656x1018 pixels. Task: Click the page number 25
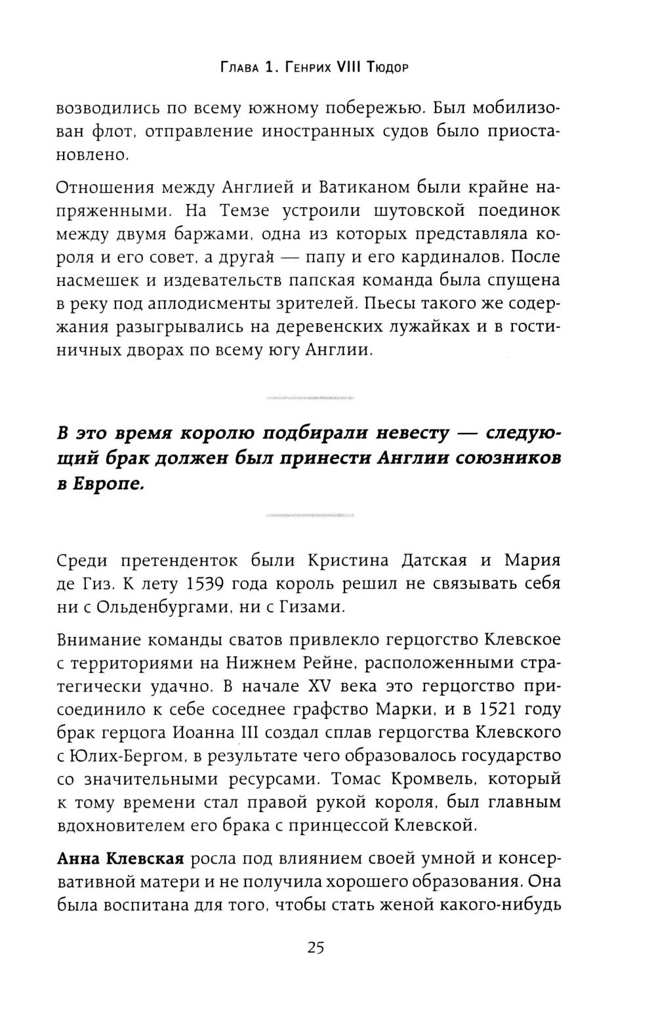[316, 948]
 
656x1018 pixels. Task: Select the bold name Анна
[78, 859]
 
